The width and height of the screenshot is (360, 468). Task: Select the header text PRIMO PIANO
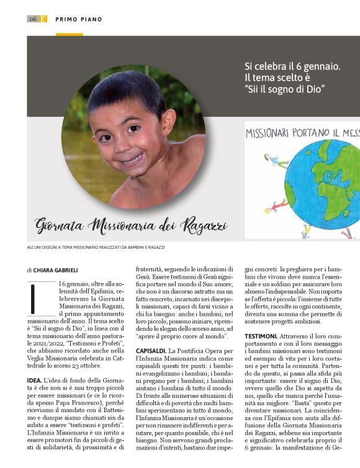coord(79,19)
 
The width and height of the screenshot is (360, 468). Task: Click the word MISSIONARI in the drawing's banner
coord(270,133)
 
